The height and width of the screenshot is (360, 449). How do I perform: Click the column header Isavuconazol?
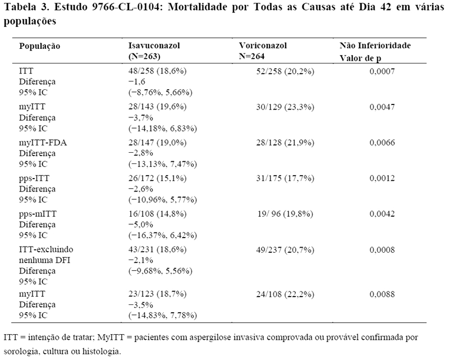154,45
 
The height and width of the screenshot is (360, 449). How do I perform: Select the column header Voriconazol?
263,45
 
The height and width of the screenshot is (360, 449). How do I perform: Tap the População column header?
39,46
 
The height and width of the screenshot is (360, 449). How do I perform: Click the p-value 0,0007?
382,71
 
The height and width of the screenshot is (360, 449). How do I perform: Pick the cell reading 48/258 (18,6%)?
158,71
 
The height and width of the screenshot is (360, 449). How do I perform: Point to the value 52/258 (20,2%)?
285,71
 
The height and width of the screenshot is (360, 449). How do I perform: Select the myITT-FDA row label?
43,143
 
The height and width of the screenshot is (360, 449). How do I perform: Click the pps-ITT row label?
34,178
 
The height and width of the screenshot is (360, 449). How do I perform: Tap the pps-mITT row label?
38,214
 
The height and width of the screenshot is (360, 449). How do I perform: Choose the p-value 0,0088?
382,294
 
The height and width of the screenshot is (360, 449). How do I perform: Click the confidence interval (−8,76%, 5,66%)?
161,92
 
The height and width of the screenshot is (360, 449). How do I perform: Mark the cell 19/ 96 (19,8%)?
285,214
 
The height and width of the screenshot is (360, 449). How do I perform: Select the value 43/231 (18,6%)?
158,249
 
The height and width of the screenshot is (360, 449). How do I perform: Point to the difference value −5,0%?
141,225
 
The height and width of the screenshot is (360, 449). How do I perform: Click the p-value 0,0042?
382,214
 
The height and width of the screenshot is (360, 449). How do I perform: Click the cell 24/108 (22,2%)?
285,294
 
